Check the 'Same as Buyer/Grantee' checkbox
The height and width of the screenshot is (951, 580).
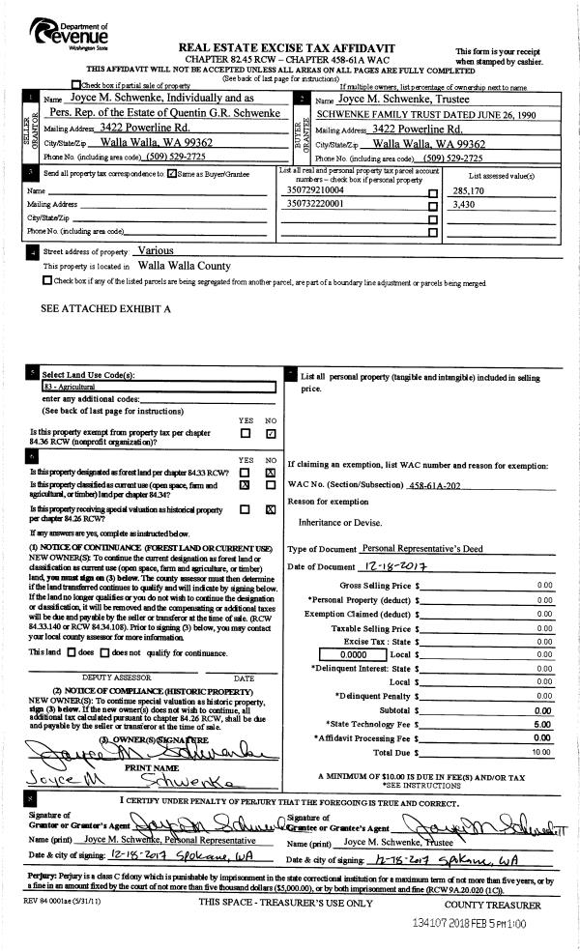click(x=171, y=174)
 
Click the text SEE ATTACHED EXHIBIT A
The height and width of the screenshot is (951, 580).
click(x=106, y=309)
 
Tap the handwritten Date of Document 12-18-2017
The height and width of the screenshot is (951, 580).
click(x=398, y=565)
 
